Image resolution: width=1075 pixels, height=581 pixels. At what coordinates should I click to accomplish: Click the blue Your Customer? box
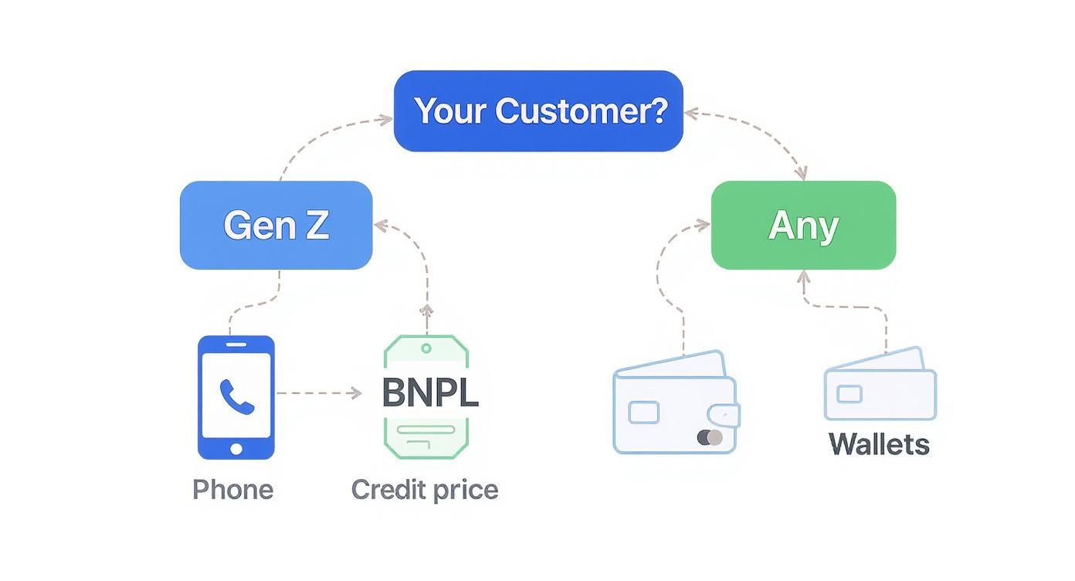click(x=538, y=110)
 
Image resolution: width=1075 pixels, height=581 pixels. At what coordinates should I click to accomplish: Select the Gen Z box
click(x=276, y=225)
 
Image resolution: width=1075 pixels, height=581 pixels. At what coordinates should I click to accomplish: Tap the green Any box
click(x=803, y=225)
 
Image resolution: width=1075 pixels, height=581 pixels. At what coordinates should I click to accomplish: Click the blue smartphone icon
click(x=236, y=396)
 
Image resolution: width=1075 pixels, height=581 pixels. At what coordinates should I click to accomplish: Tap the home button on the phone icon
click(x=236, y=449)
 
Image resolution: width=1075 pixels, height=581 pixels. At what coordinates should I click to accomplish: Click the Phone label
click(x=232, y=489)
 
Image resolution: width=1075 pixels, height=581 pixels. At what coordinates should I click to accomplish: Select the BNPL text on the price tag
click(x=430, y=392)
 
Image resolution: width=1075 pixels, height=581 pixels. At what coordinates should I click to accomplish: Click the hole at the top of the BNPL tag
click(x=426, y=348)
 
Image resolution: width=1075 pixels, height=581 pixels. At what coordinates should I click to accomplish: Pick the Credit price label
click(x=425, y=489)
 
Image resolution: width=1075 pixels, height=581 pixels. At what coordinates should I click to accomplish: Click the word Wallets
click(x=879, y=444)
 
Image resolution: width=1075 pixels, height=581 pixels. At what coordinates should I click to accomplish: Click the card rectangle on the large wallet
click(x=643, y=413)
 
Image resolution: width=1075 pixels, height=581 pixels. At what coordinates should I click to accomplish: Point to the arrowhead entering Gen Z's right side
click(x=379, y=225)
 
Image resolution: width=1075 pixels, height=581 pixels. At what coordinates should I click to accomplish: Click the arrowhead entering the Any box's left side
click(x=704, y=225)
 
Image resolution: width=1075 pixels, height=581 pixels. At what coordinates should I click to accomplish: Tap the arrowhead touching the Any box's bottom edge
click(x=803, y=275)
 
